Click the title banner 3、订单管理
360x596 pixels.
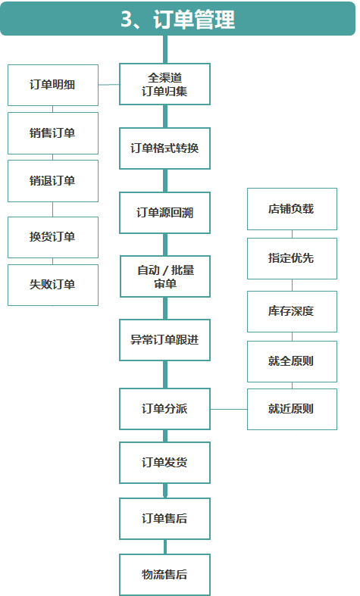[x=177, y=19]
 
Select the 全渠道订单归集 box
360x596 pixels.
[x=164, y=84]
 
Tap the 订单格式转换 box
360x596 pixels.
[x=164, y=148]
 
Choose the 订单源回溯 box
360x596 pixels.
[x=164, y=213]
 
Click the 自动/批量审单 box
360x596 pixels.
[x=165, y=276]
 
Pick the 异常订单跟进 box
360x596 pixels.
[x=164, y=340]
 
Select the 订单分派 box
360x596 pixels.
[x=164, y=409]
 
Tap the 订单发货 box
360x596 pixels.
[x=164, y=463]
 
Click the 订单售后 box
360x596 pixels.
[x=164, y=519]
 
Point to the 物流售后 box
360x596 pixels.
[x=164, y=575]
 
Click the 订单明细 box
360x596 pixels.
[x=53, y=85]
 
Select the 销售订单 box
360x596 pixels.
[x=53, y=133]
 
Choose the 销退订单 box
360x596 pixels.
[x=53, y=181]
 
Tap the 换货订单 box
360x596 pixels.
[x=53, y=237]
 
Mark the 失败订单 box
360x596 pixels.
[x=53, y=285]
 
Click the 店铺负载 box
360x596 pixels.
[x=292, y=209]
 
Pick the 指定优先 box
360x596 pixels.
[x=292, y=258]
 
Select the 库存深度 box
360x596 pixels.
[x=292, y=311]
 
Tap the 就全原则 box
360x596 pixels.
[x=292, y=361]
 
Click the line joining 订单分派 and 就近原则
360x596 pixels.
[x=229, y=410]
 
